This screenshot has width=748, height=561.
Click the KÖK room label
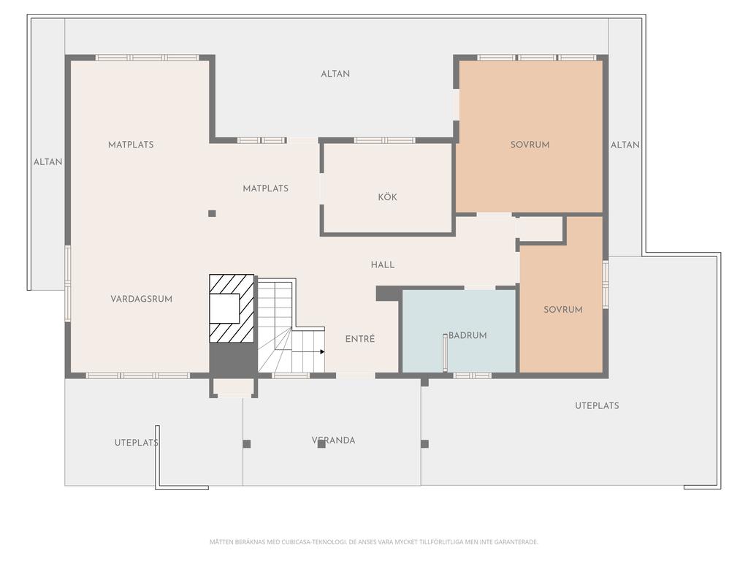(x=387, y=197)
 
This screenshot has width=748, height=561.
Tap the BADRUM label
(x=467, y=335)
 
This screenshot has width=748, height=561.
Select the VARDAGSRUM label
(x=141, y=299)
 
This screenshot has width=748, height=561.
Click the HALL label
(x=383, y=264)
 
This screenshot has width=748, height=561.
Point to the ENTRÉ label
(x=360, y=339)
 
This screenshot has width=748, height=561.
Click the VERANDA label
(x=333, y=440)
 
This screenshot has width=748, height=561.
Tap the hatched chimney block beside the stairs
(x=232, y=308)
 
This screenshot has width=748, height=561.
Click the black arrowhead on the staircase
(x=322, y=352)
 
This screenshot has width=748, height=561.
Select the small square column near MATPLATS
(x=213, y=214)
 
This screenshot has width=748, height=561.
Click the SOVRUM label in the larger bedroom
(x=530, y=145)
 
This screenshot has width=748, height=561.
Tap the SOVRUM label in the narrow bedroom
(x=563, y=310)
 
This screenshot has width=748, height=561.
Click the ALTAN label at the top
(x=335, y=74)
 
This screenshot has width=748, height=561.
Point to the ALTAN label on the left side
(x=47, y=162)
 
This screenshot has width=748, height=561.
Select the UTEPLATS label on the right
(x=597, y=406)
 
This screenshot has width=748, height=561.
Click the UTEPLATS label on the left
(x=137, y=443)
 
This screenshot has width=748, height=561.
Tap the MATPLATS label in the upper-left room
(x=131, y=145)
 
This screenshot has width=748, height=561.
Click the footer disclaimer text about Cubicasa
(x=374, y=542)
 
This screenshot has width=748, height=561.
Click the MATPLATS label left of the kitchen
(x=266, y=188)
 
